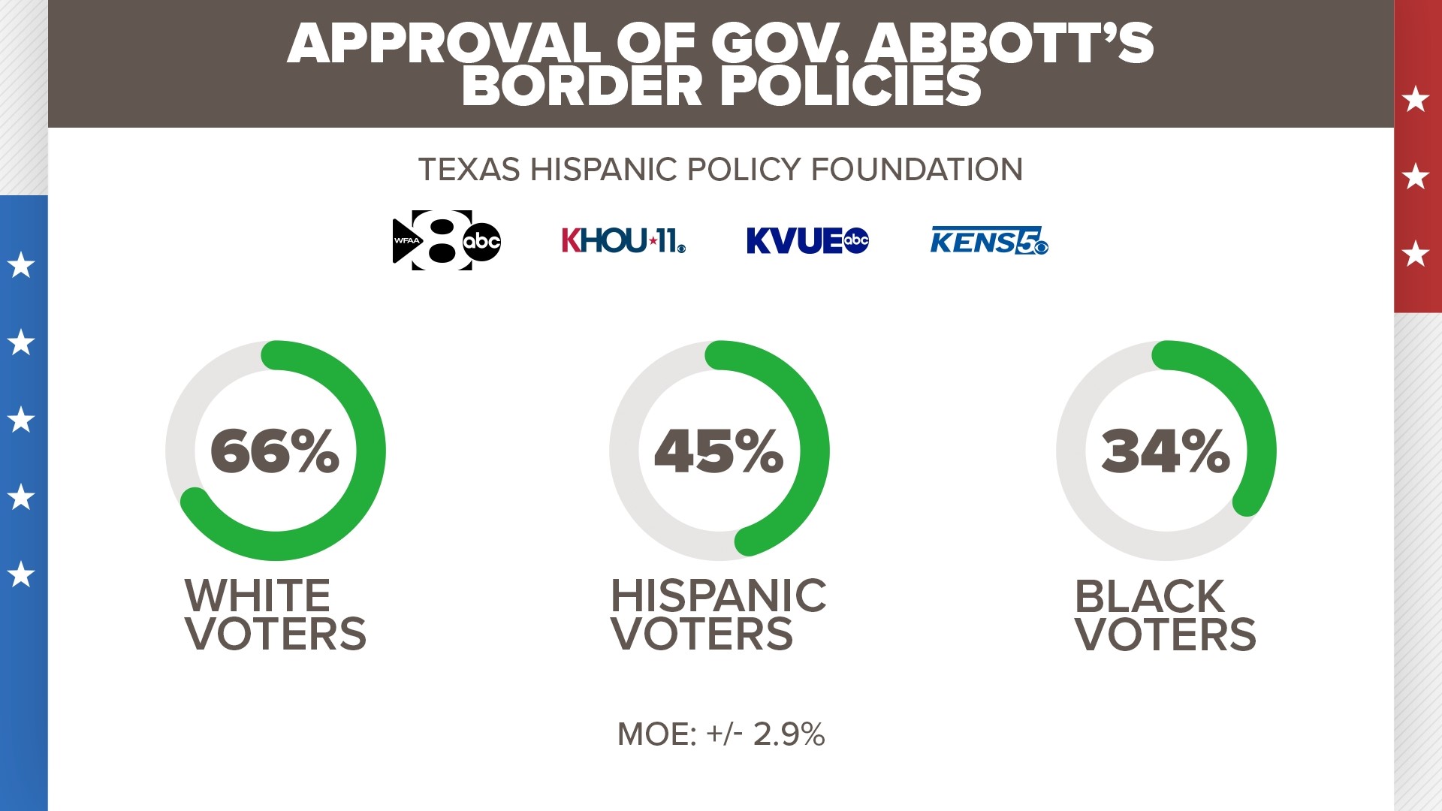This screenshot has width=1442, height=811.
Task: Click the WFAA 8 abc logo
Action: pyautogui.click(x=447, y=240)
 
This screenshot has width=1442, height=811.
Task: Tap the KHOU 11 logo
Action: pyautogui.click(x=623, y=240)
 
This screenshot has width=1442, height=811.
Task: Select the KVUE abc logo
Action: pyautogui.click(x=807, y=240)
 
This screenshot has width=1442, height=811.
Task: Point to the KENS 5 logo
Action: pyautogui.click(x=988, y=241)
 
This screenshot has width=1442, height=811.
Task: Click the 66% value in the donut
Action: pyautogui.click(x=275, y=451)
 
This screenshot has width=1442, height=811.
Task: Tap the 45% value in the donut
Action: pyautogui.click(x=719, y=451)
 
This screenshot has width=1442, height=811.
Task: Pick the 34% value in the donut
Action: pyautogui.click(x=1166, y=451)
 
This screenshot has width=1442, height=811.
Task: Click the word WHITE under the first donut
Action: pyautogui.click(x=258, y=595)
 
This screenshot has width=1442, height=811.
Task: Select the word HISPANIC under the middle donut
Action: pyautogui.click(x=719, y=595)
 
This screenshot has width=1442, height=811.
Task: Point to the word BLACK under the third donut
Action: pyautogui.click(x=1150, y=597)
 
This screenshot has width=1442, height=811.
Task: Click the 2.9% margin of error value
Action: pyautogui.click(x=789, y=734)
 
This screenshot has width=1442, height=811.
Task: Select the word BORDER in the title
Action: pyautogui.click(x=582, y=86)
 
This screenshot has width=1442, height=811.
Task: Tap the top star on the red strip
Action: pyautogui.click(x=1416, y=99)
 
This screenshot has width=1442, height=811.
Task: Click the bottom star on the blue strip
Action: pyautogui.click(x=21, y=574)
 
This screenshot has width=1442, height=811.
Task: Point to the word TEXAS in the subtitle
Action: pyautogui.click(x=469, y=170)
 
